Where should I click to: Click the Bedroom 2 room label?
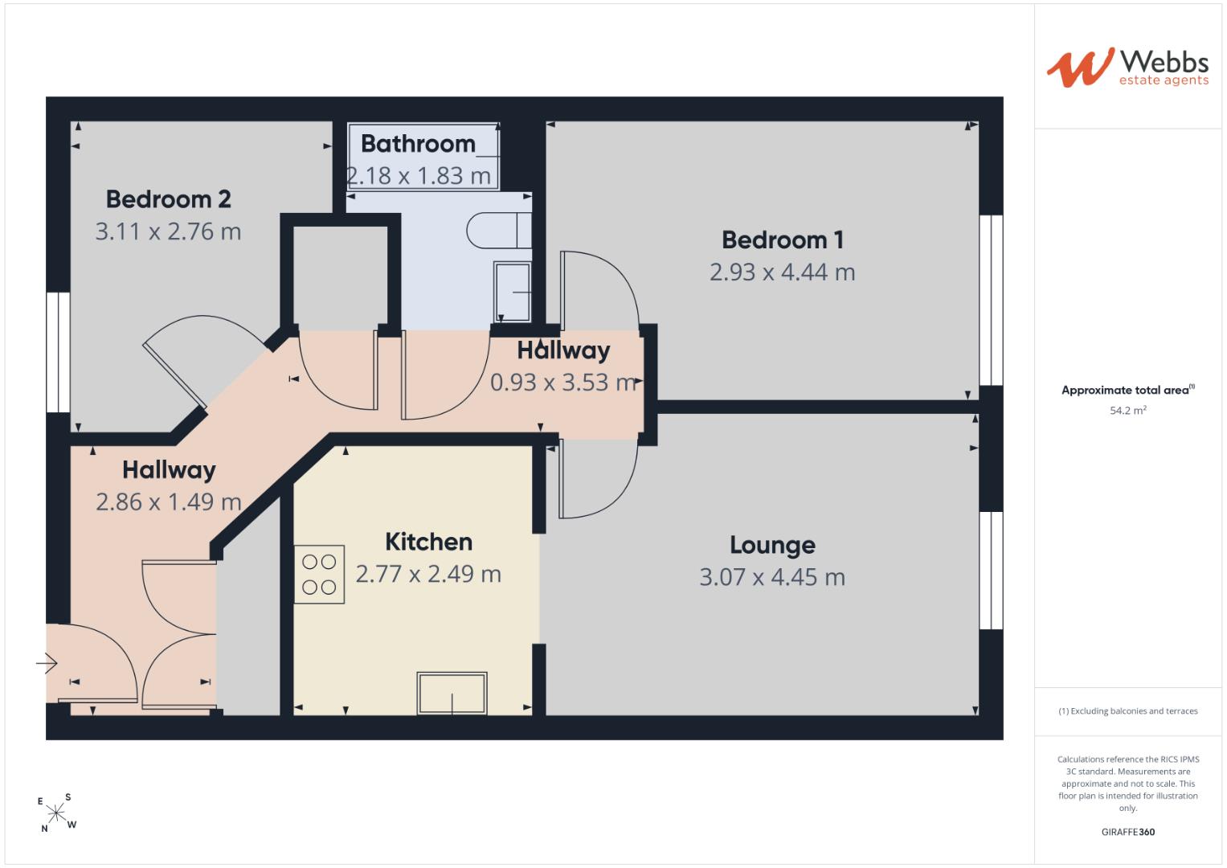(168, 199)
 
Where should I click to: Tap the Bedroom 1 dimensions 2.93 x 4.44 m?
(782, 272)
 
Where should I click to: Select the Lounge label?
(772, 545)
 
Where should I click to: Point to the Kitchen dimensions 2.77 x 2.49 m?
(428, 575)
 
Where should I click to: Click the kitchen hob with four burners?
(319, 575)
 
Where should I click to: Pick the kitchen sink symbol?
(452, 693)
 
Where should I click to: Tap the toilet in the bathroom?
(498, 231)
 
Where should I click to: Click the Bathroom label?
(418, 144)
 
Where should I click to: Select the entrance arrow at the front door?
(47, 664)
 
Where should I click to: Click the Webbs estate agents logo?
(1127, 68)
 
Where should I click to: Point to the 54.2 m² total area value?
(1128, 411)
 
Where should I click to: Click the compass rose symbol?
(56, 813)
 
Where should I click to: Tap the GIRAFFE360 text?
(1128, 832)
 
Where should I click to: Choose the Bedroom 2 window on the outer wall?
(58, 352)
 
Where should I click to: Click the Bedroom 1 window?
(991, 301)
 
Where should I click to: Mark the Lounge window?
(991, 571)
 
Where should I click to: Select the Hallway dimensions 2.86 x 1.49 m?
(169, 502)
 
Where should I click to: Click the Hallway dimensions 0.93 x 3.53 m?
(564, 383)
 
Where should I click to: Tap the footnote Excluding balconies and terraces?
(1128, 711)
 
